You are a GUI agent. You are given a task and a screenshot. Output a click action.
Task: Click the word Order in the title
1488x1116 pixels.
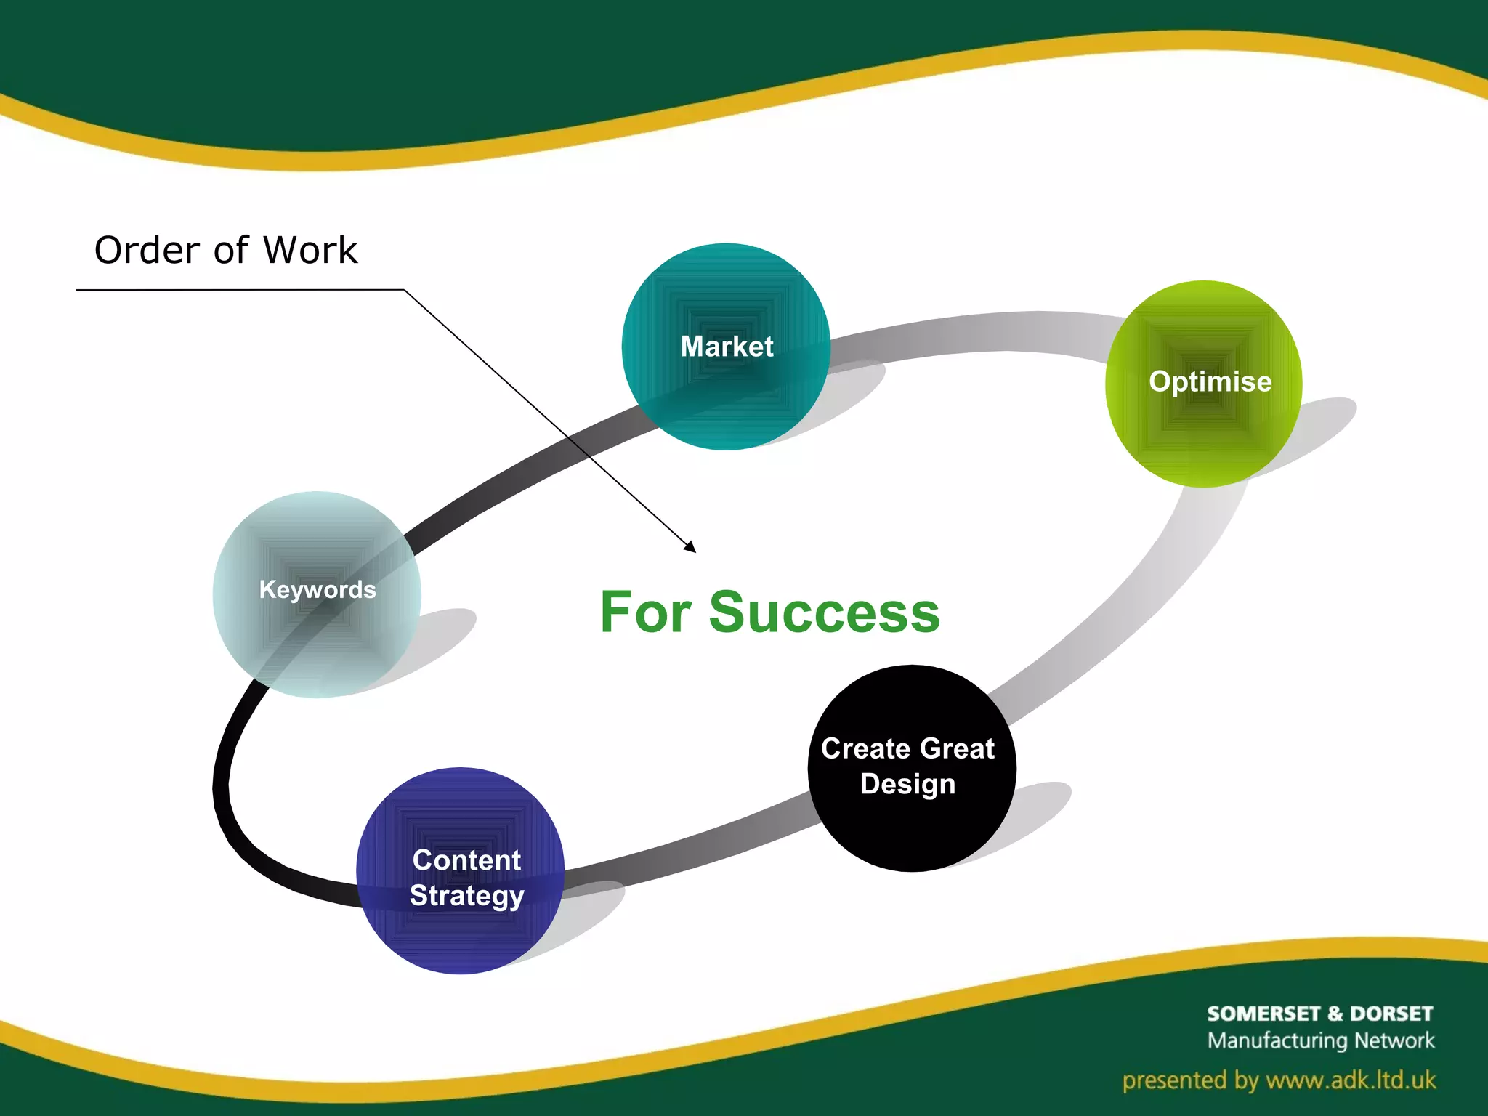[x=147, y=251]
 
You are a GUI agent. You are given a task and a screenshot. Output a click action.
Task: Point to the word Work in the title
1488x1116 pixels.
[x=310, y=251]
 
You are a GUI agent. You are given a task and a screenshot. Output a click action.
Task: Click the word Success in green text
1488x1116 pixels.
[x=824, y=612]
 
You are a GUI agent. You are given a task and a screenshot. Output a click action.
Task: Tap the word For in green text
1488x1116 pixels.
[x=645, y=612]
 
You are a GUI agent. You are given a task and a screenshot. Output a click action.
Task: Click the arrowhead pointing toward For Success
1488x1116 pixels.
[x=690, y=547]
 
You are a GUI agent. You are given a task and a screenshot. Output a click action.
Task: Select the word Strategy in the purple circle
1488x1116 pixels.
[x=466, y=896]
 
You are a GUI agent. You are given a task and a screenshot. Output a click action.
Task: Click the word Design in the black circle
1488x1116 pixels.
[x=907, y=785]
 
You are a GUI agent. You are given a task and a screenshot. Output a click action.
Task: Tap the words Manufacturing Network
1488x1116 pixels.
[x=1321, y=1040]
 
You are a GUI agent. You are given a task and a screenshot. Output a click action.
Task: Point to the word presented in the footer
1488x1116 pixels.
[x=1176, y=1081]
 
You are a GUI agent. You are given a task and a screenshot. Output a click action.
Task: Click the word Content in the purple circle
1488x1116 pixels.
[x=466, y=860]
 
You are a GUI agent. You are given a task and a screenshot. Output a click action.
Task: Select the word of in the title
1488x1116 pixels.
[x=231, y=251]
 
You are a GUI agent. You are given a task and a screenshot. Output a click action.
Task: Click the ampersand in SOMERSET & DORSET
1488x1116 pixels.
[x=1335, y=1014]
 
